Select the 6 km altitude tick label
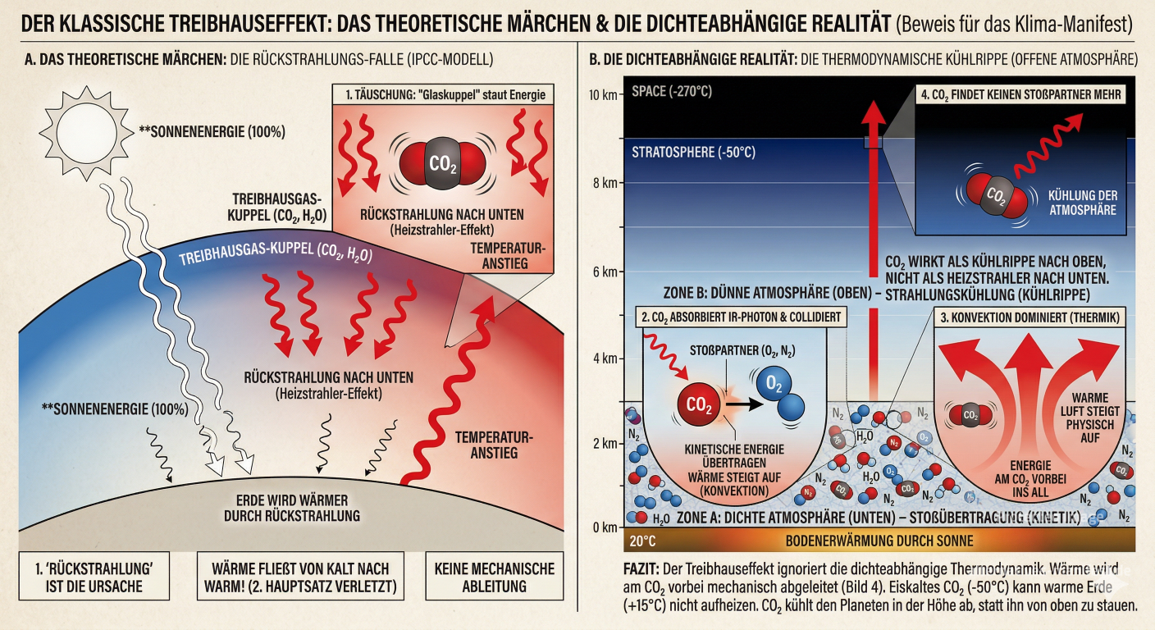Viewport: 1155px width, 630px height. coord(604,272)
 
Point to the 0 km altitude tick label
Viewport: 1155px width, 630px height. coord(604,527)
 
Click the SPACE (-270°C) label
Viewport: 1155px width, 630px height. coord(672,90)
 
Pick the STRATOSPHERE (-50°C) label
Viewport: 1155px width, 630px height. coord(693,153)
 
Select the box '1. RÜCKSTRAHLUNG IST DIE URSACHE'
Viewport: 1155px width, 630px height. coord(94,577)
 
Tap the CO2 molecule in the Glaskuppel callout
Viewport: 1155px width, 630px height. coord(441,162)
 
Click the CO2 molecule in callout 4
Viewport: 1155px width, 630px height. coord(995,198)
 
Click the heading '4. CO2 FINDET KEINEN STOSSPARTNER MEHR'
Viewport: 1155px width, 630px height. coord(1020,94)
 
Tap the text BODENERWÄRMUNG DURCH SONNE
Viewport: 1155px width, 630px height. coord(879,541)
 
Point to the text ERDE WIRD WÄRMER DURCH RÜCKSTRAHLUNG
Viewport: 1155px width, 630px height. coord(292,508)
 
